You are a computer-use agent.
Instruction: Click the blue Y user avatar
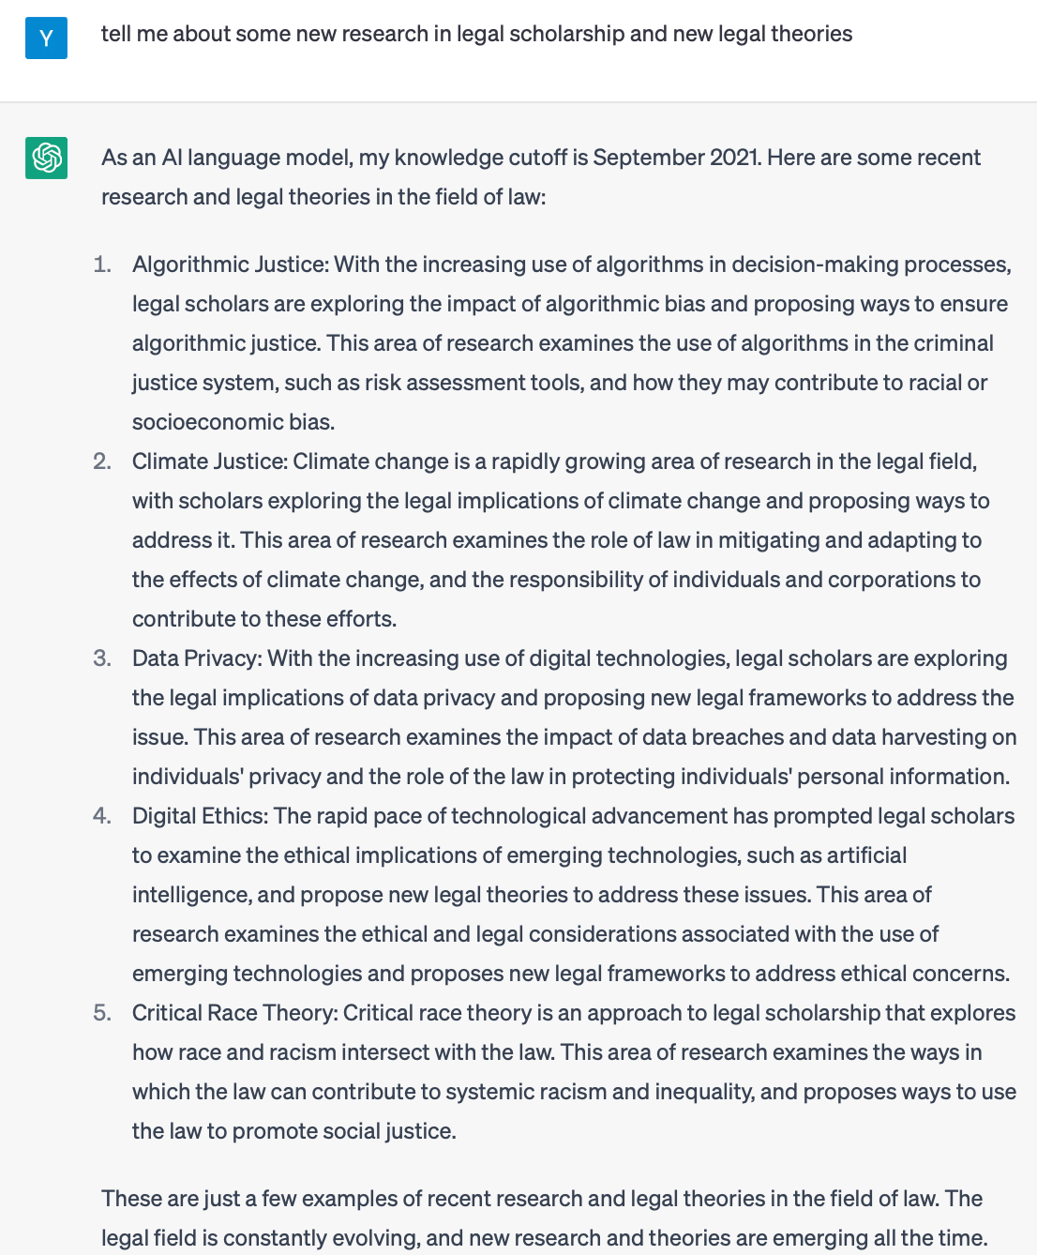pos(46,38)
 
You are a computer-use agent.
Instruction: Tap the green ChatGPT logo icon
pos(46,158)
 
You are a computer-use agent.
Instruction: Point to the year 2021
pos(733,157)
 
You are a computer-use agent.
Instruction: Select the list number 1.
pos(102,265)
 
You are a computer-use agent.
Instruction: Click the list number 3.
pos(102,658)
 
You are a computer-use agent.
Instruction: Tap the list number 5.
pos(102,1013)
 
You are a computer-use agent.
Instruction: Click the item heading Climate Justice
pos(209,461)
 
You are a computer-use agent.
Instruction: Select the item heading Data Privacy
pos(195,658)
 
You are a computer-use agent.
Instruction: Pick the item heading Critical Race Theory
pos(234,1013)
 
